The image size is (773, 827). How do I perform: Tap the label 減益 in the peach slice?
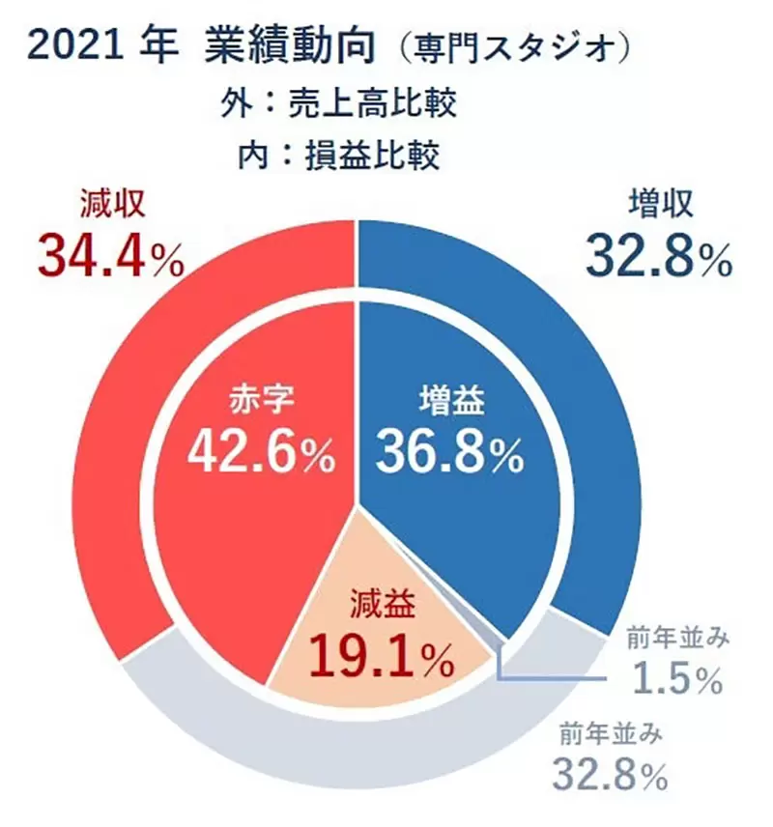(382, 608)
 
